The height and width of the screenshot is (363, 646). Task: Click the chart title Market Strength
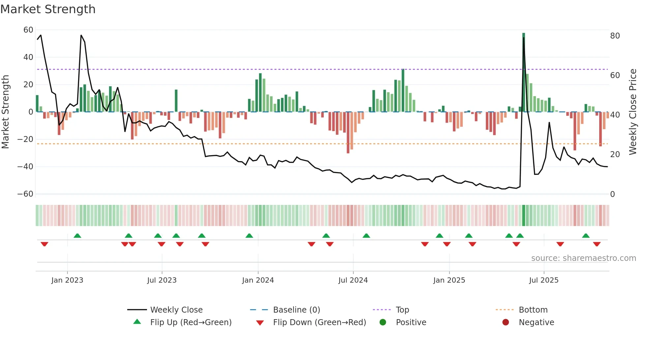point(48,9)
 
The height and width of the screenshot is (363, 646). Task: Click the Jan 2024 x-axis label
point(258,280)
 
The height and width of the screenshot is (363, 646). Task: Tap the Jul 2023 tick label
point(162,280)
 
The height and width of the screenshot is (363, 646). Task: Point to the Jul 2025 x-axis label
point(544,280)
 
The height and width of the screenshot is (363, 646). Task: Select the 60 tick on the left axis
point(28,30)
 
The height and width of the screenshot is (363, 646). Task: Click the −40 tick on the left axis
point(25,167)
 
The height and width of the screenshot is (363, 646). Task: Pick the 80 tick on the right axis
point(615,36)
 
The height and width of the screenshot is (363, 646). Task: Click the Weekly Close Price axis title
point(632,112)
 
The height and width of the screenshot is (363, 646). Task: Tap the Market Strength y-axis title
point(6,112)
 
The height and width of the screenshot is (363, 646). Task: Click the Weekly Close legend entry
point(176,310)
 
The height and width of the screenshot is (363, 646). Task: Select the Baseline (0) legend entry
point(297,310)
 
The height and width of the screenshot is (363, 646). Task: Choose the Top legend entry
point(402,310)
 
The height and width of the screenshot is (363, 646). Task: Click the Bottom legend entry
point(533,310)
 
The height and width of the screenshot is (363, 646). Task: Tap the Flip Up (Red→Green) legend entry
point(191,322)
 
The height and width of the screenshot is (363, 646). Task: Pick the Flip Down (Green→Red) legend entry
point(319,322)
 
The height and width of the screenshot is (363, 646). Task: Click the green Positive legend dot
point(383,322)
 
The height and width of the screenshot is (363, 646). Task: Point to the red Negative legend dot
point(506,322)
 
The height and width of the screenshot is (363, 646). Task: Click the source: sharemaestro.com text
point(583,258)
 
